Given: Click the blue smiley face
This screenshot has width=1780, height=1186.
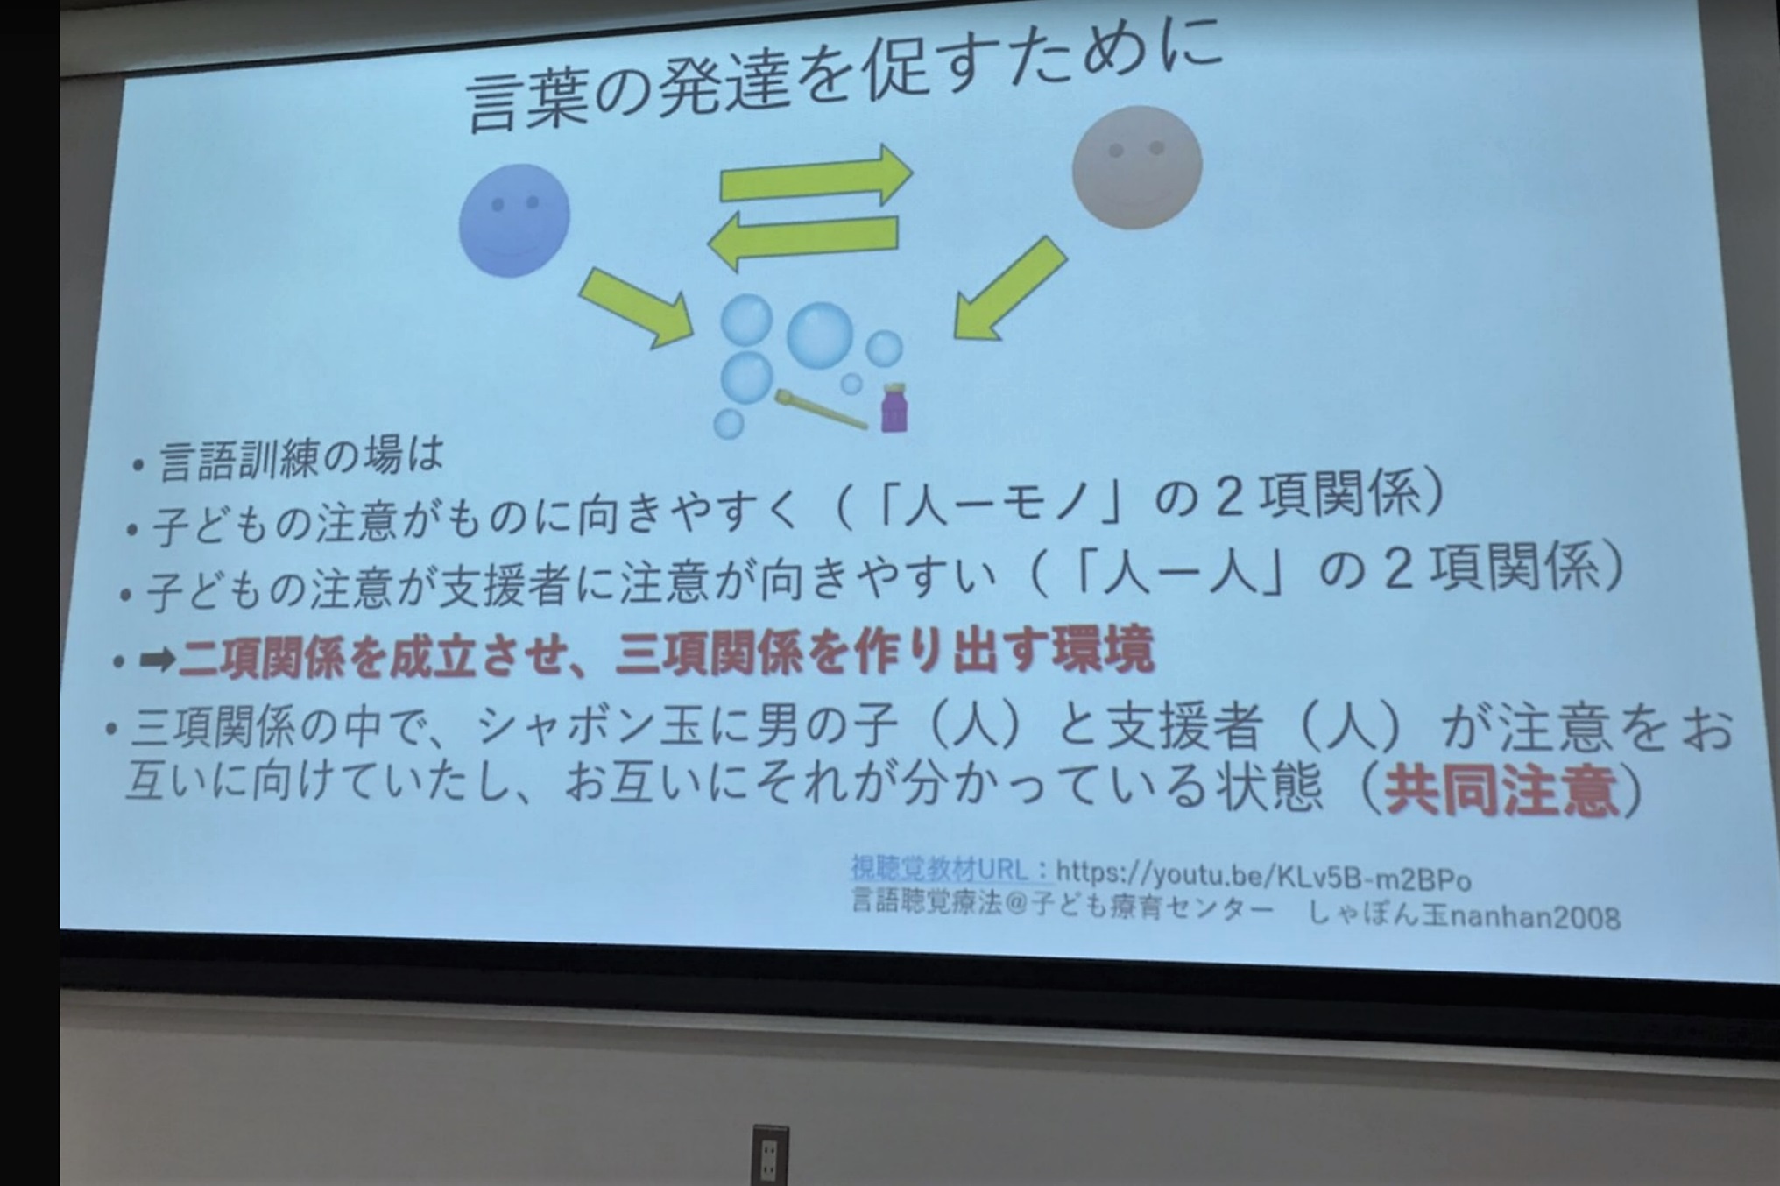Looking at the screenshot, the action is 514,221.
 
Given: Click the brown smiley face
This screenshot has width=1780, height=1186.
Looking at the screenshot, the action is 1137,167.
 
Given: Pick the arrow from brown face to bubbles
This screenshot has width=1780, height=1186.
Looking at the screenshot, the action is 1009,288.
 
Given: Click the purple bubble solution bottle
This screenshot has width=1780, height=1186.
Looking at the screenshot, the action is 894,408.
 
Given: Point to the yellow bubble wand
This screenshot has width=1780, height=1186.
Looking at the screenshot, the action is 821,409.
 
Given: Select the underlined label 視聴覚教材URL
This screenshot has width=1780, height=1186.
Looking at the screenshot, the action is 941,869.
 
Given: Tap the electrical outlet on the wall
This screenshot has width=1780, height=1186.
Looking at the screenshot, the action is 770,1156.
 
